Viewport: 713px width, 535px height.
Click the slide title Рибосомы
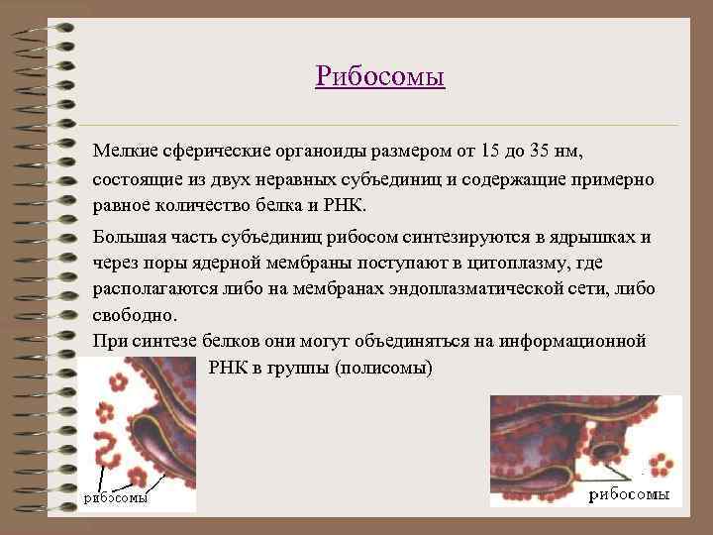380,76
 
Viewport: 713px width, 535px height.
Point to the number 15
489,151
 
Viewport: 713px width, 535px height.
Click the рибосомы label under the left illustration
115,497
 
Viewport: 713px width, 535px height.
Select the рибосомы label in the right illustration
630,493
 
